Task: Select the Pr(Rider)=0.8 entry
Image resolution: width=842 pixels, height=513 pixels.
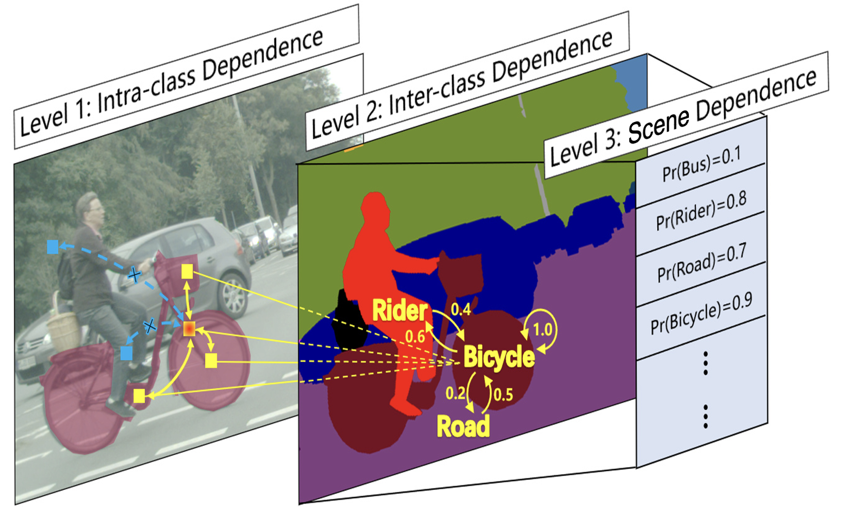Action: click(x=701, y=211)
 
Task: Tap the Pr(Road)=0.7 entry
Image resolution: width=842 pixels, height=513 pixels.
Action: click(x=701, y=262)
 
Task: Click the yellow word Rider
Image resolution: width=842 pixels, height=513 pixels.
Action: click(x=399, y=310)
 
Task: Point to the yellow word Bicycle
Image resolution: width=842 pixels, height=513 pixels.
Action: click(x=499, y=357)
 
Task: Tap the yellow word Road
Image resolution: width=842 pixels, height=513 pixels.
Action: click(x=463, y=426)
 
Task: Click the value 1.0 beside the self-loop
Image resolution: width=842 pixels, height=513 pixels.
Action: click(x=543, y=329)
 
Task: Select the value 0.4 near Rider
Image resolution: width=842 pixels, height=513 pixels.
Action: click(x=461, y=310)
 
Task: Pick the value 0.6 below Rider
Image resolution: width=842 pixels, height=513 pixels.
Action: click(x=415, y=336)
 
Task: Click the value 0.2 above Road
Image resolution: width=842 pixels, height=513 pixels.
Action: click(x=455, y=393)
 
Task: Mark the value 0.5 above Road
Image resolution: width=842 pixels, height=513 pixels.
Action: click(x=503, y=395)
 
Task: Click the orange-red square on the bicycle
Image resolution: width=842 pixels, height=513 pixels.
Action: click(x=189, y=329)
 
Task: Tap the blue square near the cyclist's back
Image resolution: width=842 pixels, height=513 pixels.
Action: click(x=53, y=247)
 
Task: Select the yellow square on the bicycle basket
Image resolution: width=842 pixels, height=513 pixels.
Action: click(x=187, y=272)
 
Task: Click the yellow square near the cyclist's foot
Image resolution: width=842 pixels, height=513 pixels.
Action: click(x=139, y=396)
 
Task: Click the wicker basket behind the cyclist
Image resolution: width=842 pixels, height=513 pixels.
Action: click(x=64, y=325)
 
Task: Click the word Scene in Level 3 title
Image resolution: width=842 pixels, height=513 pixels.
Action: click(x=658, y=125)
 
